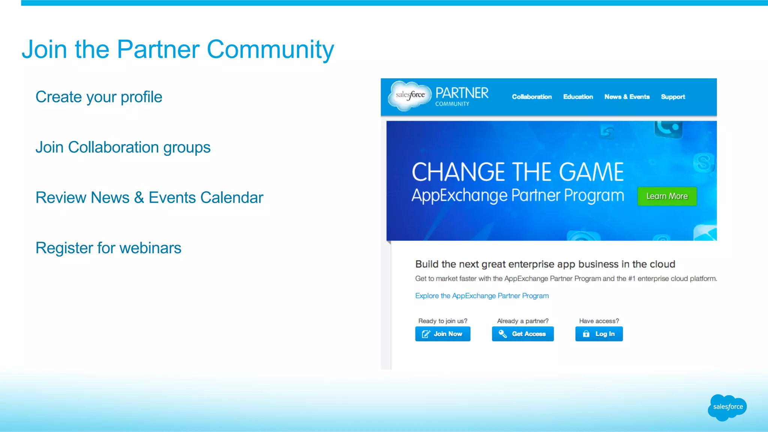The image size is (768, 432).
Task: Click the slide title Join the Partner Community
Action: [178, 49]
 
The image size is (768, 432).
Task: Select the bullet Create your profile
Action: [99, 97]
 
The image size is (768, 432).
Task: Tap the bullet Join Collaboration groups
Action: [123, 147]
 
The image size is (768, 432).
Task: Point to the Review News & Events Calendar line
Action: [149, 197]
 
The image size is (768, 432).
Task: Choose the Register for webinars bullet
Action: [108, 248]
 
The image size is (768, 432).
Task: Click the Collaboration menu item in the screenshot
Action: [532, 97]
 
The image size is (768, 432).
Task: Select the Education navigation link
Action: [578, 97]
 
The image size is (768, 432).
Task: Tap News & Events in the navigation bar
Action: [627, 97]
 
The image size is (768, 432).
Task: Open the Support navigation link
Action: [673, 97]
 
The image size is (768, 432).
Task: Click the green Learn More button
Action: [667, 196]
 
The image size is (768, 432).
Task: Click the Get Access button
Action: [523, 334]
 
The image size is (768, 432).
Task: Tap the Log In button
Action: [599, 334]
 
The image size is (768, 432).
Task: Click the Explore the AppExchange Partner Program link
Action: [482, 296]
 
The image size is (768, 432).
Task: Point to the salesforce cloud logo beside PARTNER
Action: [410, 96]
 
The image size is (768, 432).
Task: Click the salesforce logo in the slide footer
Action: [727, 407]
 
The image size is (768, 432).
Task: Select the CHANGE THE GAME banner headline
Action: [517, 172]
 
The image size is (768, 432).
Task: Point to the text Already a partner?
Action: [522, 321]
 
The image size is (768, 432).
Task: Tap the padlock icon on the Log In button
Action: [586, 334]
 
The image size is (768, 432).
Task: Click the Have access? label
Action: [599, 321]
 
